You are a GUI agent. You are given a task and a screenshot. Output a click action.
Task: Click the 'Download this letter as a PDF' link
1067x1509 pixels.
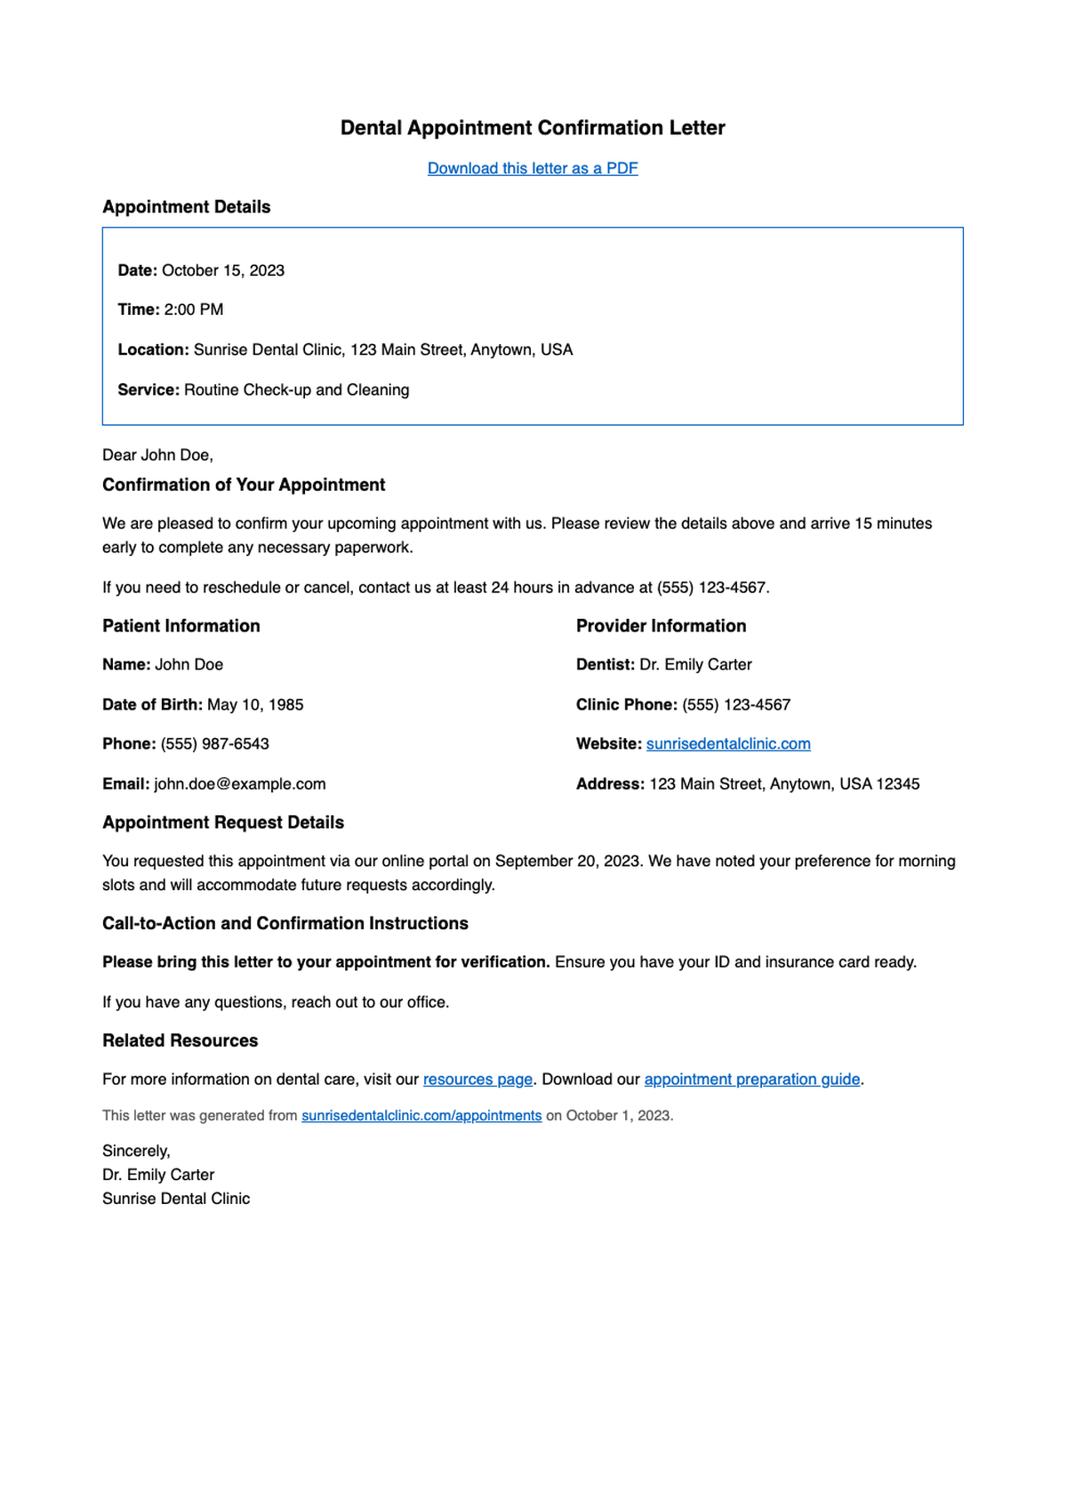click(x=532, y=168)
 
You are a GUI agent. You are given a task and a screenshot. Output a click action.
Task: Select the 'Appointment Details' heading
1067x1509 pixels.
click(x=186, y=207)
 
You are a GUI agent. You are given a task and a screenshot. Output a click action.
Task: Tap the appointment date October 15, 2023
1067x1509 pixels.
click(x=223, y=270)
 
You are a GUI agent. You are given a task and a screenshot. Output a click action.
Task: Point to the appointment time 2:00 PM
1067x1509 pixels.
click(x=194, y=309)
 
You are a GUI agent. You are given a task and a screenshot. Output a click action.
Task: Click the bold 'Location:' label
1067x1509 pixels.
click(x=153, y=349)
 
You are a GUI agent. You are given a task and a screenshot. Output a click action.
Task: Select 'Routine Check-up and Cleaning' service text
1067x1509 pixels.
click(x=296, y=389)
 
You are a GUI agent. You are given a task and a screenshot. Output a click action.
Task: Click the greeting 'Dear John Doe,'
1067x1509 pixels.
click(x=157, y=455)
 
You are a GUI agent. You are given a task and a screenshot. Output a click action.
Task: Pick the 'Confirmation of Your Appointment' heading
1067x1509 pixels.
click(x=244, y=485)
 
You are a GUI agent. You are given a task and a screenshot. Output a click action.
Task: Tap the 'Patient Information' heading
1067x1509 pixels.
click(x=181, y=626)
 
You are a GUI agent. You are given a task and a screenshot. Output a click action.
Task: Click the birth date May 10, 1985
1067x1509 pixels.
click(x=255, y=704)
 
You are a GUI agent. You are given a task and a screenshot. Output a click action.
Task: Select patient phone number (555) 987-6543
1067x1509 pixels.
click(x=214, y=743)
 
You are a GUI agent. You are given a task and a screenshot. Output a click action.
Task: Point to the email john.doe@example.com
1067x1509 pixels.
click(x=239, y=783)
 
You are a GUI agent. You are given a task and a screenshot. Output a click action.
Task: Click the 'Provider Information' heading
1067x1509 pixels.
click(x=661, y=626)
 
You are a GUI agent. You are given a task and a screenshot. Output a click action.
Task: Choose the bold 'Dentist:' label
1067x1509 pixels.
click(x=605, y=664)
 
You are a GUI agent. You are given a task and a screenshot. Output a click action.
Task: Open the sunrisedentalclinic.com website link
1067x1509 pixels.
click(x=727, y=743)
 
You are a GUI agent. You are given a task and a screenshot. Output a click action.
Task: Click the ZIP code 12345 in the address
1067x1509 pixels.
click(x=898, y=783)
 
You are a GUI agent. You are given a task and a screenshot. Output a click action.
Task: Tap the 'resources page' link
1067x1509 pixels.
click(x=477, y=1079)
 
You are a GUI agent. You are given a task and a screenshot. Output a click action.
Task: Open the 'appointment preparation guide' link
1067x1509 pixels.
click(x=751, y=1079)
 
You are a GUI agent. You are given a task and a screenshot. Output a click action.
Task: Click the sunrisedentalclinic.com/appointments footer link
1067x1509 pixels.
click(x=421, y=1115)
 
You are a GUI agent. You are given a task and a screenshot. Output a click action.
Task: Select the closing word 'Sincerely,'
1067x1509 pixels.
click(x=136, y=1151)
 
